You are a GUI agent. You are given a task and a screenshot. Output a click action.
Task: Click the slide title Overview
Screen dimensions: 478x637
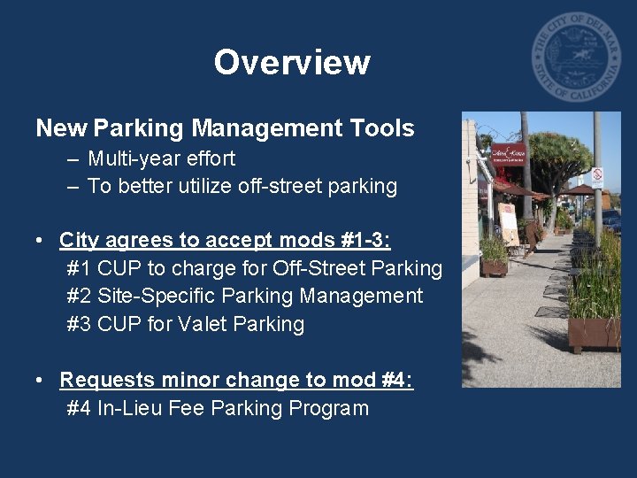(291, 63)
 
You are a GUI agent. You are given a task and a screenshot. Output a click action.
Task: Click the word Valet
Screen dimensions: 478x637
(204, 324)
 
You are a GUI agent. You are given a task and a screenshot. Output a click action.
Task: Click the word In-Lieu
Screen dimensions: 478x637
(134, 408)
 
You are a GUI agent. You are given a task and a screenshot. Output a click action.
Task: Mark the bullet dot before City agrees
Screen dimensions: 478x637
(41, 241)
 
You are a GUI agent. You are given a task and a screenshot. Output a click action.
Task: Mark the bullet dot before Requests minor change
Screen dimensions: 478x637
(41, 381)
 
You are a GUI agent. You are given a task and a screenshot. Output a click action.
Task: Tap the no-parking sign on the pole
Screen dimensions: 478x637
(596, 176)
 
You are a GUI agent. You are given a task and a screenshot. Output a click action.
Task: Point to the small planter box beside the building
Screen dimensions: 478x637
(494, 266)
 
